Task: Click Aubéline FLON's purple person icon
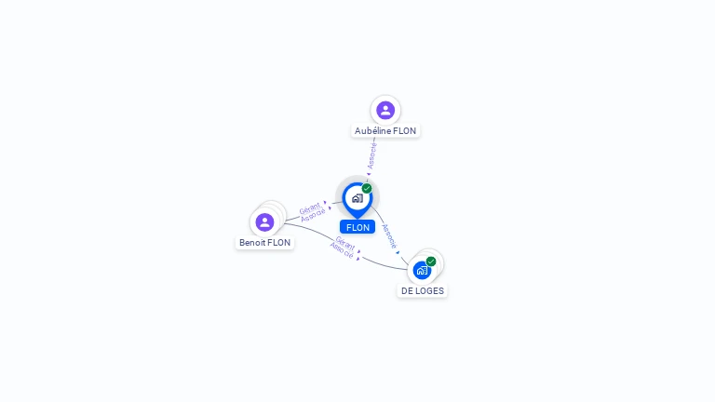tap(385, 111)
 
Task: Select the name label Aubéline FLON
tap(385, 131)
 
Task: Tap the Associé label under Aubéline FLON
tap(372, 154)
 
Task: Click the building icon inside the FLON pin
tap(357, 198)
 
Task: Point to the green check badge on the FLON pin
tap(367, 189)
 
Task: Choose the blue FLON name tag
tap(357, 227)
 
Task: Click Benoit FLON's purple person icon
tap(264, 222)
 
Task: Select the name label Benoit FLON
tap(264, 243)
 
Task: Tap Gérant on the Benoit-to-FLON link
tap(309, 208)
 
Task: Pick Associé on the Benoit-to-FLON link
tap(313, 215)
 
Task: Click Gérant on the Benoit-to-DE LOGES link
tap(345, 243)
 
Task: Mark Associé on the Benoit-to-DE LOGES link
tap(342, 250)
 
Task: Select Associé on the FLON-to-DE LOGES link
tap(390, 234)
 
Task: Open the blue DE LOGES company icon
tap(422, 271)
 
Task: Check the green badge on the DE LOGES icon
tap(431, 261)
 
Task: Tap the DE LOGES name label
tap(423, 290)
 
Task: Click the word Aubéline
tap(373, 131)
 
